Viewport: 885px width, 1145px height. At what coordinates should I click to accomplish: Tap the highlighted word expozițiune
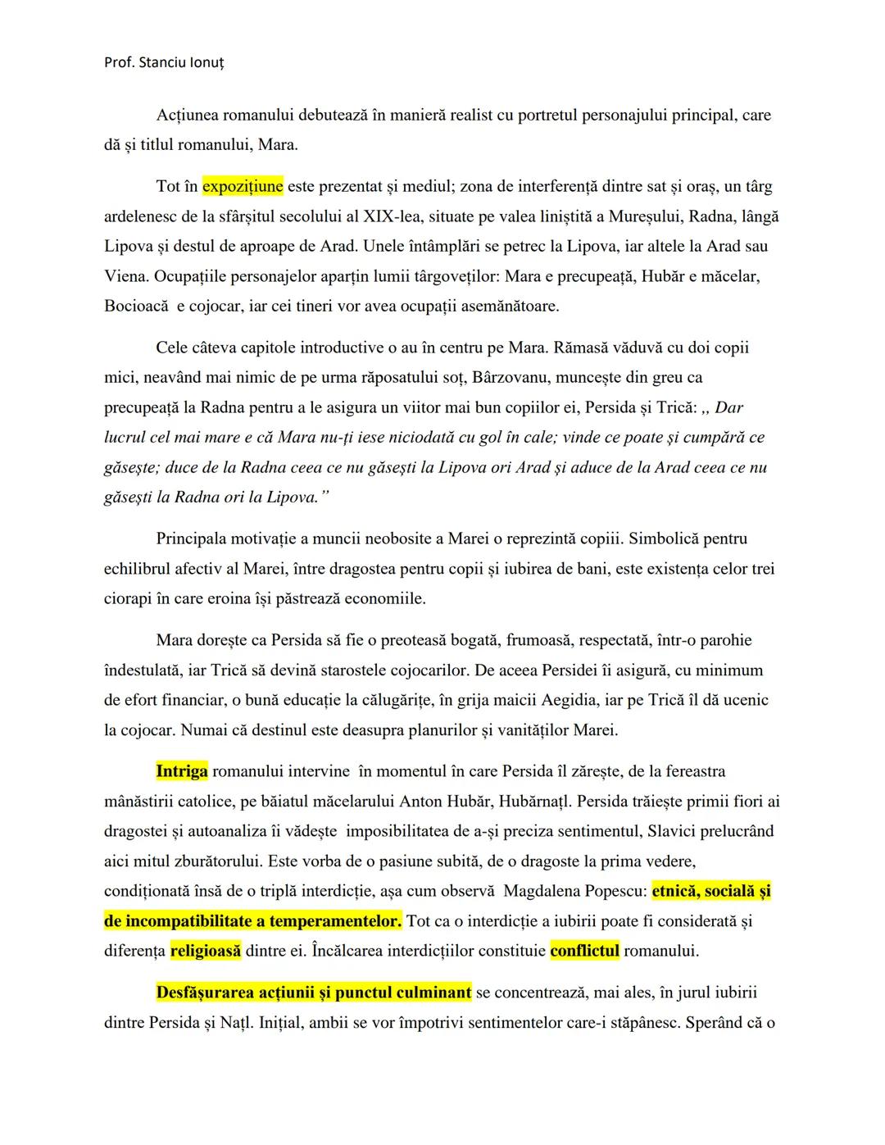(x=243, y=186)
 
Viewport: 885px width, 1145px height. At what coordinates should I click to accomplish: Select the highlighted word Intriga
(x=182, y=771)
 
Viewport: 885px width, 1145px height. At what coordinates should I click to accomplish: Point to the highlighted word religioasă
(x=206, y=952)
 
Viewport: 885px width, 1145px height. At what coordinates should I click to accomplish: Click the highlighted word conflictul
(x=585, y=952)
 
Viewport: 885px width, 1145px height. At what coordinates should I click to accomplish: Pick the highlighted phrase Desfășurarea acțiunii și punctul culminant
(x=314, y=993)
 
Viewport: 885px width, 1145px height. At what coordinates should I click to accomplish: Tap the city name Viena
(x=125, y=276)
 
